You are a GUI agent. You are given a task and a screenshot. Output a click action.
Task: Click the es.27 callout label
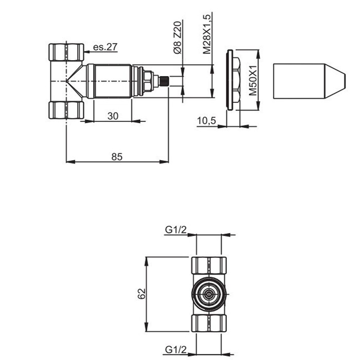105,47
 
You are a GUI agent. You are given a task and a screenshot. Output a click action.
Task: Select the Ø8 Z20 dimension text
177,38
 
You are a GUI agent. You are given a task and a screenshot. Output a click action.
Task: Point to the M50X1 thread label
253,80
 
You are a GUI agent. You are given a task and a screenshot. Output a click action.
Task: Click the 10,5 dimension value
207,121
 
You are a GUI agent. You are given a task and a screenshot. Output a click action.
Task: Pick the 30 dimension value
113,116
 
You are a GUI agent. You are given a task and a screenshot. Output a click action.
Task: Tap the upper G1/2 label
175,230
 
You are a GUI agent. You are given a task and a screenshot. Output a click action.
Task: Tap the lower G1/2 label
175,350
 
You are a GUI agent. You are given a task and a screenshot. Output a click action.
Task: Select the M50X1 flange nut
234,80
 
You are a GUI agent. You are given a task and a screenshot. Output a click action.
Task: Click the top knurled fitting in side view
66,51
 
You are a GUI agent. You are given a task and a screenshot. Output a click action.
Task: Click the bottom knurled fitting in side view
66,110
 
